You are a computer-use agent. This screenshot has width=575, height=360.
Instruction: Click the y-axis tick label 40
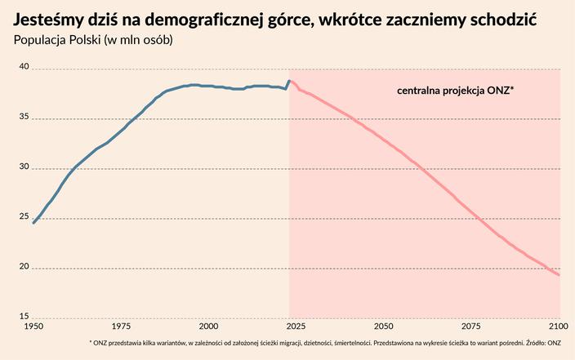point(24,69)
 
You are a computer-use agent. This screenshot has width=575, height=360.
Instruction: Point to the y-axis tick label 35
point(24,118)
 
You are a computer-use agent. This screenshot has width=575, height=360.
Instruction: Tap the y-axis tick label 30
point(24,168)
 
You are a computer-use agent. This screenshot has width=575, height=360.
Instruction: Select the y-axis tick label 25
point(24,218)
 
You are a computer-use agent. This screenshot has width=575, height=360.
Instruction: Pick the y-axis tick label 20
point(24,268)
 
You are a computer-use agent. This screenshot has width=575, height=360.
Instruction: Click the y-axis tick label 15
point(24,318)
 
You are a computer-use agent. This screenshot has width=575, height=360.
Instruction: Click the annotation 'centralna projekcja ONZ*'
point(455,90)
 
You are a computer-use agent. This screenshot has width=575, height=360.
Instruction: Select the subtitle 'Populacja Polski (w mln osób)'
point(93,40)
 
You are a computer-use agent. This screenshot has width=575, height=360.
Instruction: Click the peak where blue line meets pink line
point(289,81)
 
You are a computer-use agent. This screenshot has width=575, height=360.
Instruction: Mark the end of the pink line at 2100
point(559,275)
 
